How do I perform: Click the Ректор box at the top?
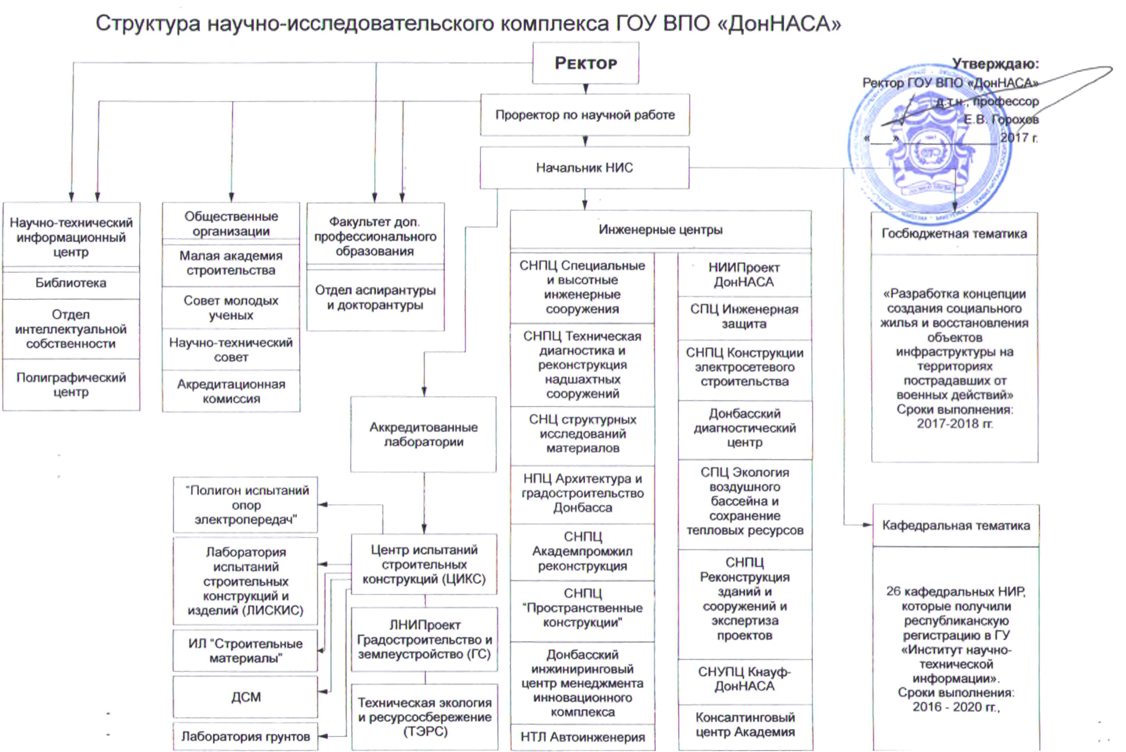pos(585,63)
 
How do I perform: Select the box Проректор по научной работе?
pos(585,115)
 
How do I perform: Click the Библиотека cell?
pos(71,283)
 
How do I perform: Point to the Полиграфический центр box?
pos(71,385)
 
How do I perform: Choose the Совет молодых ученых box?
pos(231,308)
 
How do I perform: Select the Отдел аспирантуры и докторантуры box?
pos(375,298)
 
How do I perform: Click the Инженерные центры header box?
pos(660,230)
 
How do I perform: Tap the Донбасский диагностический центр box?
pos(744,428)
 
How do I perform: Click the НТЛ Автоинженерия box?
pos(582,737)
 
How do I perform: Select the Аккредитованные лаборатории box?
pos(423,434)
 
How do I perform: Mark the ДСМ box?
pos(246,697)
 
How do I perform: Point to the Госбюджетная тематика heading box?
pos(954,233)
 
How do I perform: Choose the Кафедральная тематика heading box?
pos(956,526)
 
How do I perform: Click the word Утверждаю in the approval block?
pos(995,64)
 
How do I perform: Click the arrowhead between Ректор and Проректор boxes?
pos(585,89)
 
